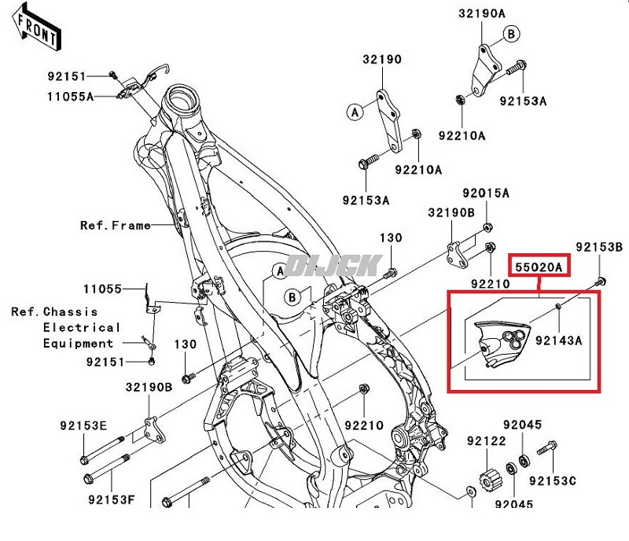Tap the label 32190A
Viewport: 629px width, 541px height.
point(483,13)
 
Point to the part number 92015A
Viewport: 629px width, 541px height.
point(486,193)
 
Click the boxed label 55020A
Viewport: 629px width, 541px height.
point(539,267)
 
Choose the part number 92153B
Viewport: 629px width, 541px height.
point(599,247)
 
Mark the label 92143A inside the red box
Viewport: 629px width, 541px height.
point(558,340)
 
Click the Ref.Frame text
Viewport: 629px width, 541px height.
point(116,226)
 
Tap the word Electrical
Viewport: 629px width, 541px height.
point(83,327)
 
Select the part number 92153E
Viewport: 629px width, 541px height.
point(83,425)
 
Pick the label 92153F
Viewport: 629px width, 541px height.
point(111,498)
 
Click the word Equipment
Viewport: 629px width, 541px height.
point(79,343)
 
